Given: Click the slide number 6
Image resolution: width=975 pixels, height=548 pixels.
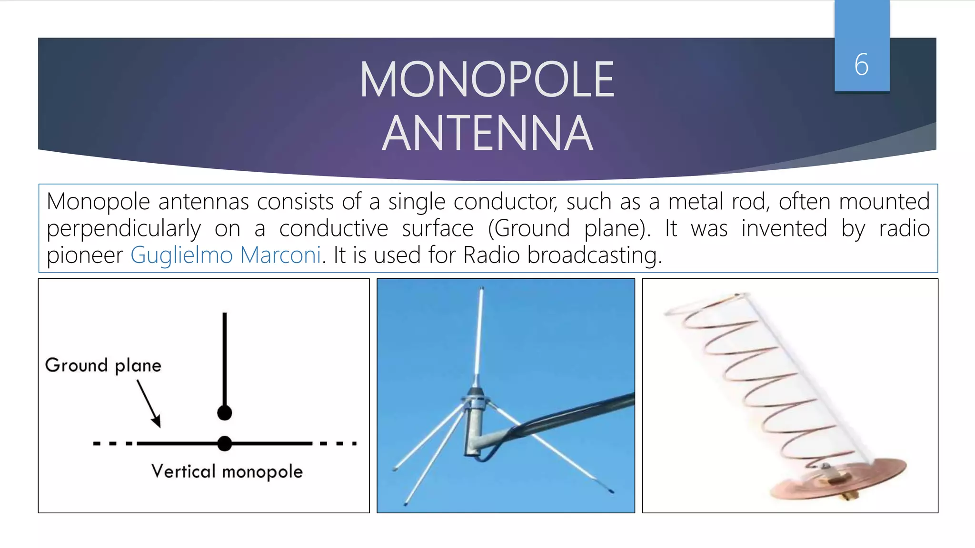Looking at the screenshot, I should (x=861, y=65).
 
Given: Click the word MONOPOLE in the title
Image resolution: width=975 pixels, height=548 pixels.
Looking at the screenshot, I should (x=487, y=80).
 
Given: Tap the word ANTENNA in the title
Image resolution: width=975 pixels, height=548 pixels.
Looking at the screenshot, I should (x=487, y=134).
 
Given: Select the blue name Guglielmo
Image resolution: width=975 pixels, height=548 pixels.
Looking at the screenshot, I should (x=181, y=255).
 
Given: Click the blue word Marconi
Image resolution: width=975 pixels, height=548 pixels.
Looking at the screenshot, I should (x=281, y=255).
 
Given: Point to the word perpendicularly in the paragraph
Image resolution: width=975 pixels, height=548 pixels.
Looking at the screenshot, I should (x=123, y=229).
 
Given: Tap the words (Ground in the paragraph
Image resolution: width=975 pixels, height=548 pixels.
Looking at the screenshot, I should (x=529, y=228).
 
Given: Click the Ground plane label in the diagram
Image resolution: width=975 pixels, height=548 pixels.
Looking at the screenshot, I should (x=103, y=365).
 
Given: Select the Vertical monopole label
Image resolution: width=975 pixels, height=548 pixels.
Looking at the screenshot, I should (x=227, y=471).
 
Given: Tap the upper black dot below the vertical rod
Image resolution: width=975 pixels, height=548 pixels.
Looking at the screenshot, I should (x=224, y=412).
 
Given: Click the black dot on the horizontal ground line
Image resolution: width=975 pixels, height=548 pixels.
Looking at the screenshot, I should (x=224, y=443).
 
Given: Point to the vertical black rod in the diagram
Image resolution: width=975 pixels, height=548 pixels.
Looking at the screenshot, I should (x=224, y=357).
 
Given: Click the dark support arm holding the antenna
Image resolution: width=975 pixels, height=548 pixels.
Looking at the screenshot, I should (x=571, y=414).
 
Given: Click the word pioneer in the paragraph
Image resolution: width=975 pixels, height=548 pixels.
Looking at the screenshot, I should (x=85, y=255).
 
